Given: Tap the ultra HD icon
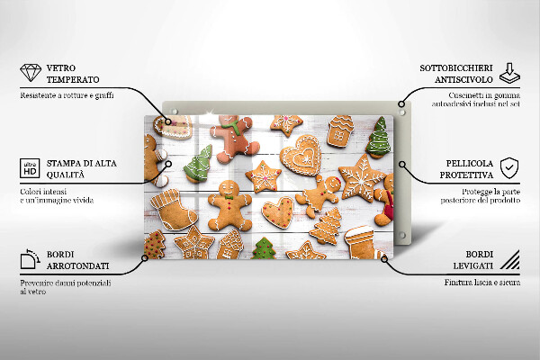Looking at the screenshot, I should [x=30, y=168].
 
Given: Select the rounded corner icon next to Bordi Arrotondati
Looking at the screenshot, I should [x=30, y=261].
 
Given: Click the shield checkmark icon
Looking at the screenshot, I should [x=509, y=167].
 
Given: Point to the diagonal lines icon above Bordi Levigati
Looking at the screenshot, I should [x=509, y=261].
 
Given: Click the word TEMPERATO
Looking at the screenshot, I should [x=73, y=79].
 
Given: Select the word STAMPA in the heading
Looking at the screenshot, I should [x=65, y=162].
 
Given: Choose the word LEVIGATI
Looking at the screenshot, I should [x=473, y=267].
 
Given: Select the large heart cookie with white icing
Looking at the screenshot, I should [x=299, y=157].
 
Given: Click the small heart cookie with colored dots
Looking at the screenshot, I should [x=277, y=212].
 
